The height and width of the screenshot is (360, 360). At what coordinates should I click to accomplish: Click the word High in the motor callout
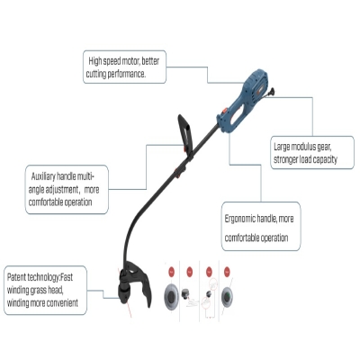tap(95, 61)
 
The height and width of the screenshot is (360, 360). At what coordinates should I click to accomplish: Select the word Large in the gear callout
tap(282, 147)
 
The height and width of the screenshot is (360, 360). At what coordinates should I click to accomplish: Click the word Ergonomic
tap(240, 219)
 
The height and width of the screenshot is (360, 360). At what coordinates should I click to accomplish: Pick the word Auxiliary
tap(43, 176)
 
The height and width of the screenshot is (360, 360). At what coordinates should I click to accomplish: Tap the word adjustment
tap(61, 190)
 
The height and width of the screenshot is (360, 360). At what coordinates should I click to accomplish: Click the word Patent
tap(16, 277)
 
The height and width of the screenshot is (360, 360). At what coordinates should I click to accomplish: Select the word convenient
tap(63, 302)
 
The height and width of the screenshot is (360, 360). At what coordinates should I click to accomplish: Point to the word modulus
tap(304, 147)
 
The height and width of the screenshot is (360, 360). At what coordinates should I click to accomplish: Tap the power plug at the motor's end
tap(272, 92)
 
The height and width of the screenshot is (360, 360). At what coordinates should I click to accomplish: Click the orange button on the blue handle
tap(223, 112)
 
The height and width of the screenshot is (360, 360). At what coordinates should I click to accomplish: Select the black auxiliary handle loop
tap(185, 133)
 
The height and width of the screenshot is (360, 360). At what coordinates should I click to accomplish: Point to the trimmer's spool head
tap(124, 292)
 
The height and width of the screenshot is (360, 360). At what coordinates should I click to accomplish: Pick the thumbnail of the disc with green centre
tap(227, 296)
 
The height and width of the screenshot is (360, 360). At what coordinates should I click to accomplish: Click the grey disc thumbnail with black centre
tap(171, 296)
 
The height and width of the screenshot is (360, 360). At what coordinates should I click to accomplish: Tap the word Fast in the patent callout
tap(67, 277)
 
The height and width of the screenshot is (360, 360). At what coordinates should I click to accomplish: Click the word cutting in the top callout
tap(96, 74)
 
